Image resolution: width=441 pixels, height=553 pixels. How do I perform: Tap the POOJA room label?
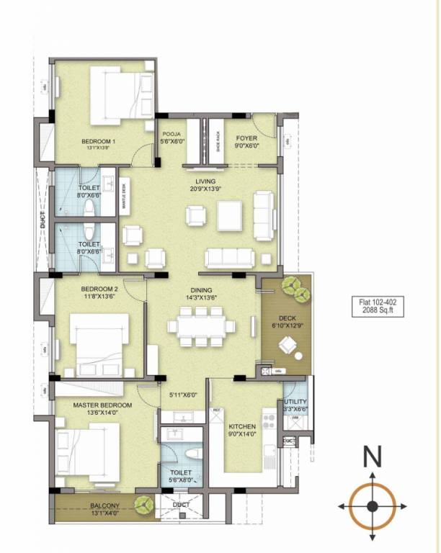tap(171, 134)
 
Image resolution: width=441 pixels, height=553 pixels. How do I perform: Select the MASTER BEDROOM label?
tap(100, 405)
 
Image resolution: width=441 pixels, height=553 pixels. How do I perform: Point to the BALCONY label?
tap(105, 505)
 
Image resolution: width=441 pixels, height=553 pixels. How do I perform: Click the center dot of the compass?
tap(372, 506)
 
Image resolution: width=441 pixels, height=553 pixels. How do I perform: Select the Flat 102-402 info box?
tap(377, 305)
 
